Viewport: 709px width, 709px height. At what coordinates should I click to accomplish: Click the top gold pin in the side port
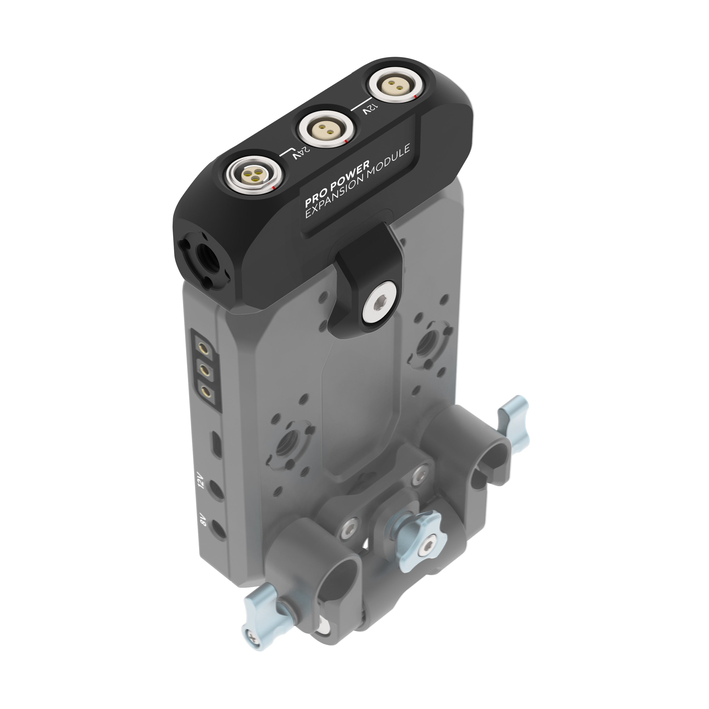click(x=202, y=346)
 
